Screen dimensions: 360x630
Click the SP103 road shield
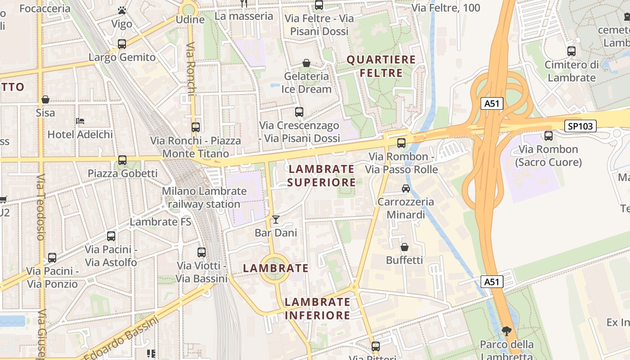[580, 126]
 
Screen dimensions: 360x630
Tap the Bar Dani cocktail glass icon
[276, 220]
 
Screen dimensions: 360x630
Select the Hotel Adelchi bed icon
[80, 121]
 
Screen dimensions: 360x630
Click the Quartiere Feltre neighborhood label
[381, 66]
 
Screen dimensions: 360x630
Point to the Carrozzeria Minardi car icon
[406, 189]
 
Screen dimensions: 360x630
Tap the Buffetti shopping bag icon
[405, 247]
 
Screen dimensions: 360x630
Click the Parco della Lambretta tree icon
[507, 331]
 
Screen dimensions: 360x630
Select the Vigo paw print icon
[122, 10]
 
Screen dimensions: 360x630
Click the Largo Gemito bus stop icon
[122, 44]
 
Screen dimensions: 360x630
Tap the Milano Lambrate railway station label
[204, 198]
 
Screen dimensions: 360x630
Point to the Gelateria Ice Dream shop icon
[306, 63]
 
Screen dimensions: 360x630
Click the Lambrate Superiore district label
[321, 175]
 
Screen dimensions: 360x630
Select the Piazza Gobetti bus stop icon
[122, 160]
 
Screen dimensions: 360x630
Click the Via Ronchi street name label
[191, 69]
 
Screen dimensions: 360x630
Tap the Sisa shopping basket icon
[45, 99]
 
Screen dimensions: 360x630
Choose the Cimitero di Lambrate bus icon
[571, 51]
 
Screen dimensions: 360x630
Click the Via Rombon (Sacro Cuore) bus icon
[549, 136]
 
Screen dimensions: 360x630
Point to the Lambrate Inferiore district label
[317, 308]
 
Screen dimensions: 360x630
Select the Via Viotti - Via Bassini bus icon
[202, 252]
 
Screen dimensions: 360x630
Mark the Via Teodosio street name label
[41, 207]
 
